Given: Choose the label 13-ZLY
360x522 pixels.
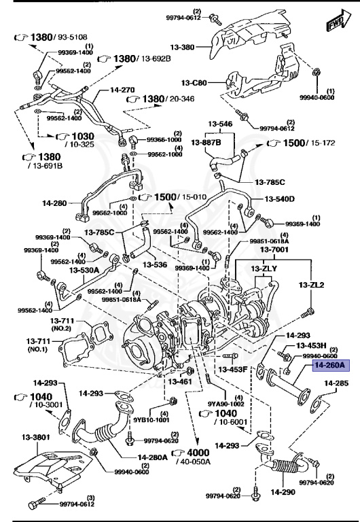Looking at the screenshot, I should tap(264, 269).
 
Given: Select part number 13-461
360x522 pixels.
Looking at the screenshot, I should tap(181, 382).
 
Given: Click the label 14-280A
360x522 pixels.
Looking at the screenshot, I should tap(152, 457).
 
